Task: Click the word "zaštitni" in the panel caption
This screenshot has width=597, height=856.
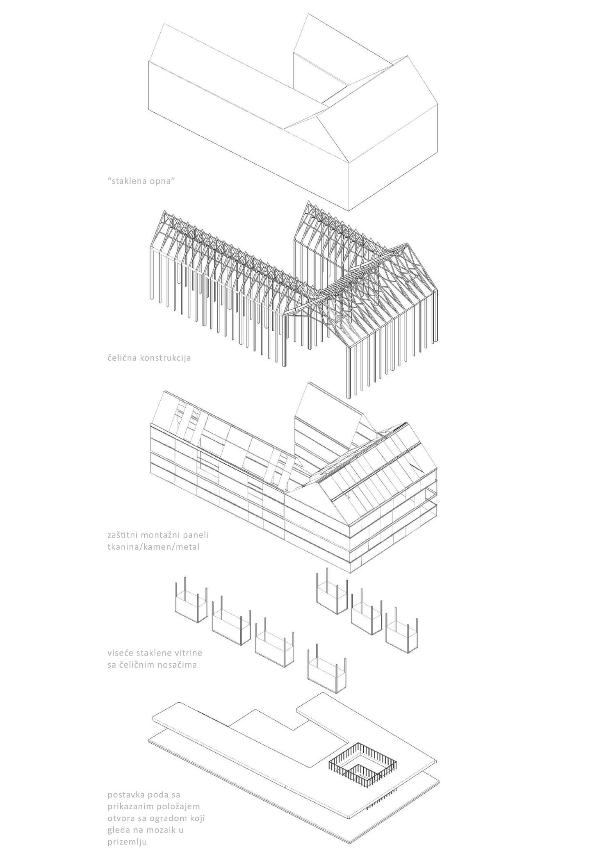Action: coord(121,535)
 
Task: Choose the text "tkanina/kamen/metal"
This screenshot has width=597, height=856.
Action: coord(153,546)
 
